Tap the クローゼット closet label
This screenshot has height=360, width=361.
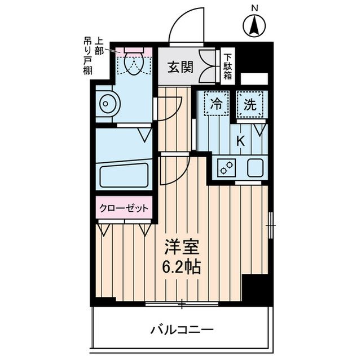124,208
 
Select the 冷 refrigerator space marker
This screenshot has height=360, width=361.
215,104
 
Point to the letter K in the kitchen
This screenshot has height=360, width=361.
240,141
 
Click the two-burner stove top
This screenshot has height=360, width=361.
227,168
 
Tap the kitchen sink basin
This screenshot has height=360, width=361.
253,168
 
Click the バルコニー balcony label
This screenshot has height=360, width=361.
182,330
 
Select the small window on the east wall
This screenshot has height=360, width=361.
271,225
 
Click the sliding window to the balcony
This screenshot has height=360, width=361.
182,305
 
